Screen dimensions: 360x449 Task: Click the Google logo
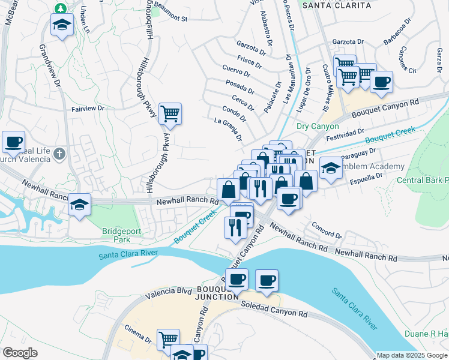(x=20, y=353)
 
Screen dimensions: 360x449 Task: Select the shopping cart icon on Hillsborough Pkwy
(x=170, y=113)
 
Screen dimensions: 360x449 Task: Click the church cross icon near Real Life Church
(x=59, y=154)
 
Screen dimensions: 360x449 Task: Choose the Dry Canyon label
(x=318, y=127)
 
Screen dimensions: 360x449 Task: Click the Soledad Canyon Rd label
(x=274, y=309)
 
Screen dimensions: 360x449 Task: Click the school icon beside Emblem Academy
(x=330, y=167)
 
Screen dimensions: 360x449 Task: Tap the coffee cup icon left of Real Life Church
(x=13, y=142)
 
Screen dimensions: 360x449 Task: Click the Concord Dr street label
(x=327, y=230)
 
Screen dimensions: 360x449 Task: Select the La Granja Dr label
(x=229, y=128)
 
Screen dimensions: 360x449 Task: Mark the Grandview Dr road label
(x=50, y=66)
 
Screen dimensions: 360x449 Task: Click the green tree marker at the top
(x=61, y=8)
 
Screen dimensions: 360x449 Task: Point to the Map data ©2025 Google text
(x=412, y=355)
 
